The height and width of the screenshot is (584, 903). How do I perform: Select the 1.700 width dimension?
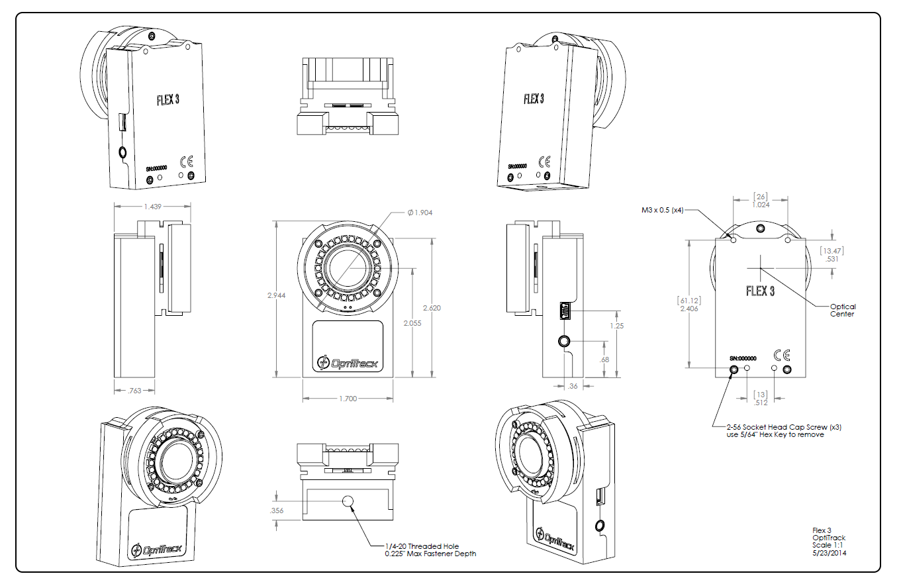[x=348, y=399]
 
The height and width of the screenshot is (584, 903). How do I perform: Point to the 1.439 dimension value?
[x=152, y=207]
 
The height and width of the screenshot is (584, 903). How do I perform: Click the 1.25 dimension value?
[x=616, y=326]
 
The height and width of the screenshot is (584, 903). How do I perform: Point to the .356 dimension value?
[x=277, y=511]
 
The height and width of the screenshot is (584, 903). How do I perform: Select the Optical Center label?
[x=843, y=310]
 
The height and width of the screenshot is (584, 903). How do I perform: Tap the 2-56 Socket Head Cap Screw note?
[x=775, y=430]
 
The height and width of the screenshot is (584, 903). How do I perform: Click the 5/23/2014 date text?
[x=828, y=553]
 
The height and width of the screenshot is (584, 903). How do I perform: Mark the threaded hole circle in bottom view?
[x=348, y=503]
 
